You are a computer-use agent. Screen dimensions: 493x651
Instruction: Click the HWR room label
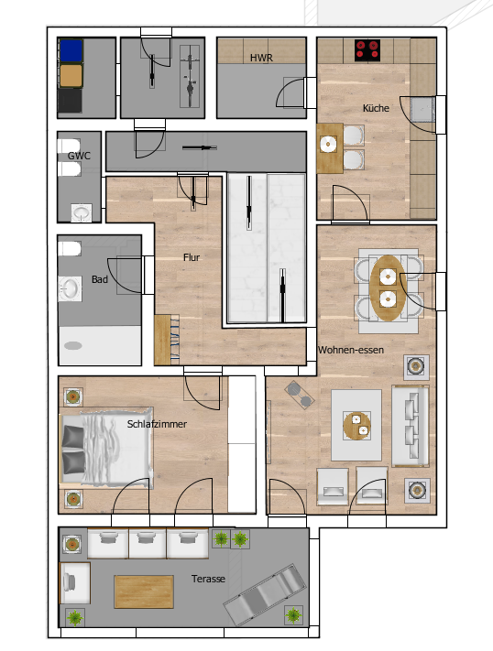[261, 58]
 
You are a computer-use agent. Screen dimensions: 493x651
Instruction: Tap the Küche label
[376, 108]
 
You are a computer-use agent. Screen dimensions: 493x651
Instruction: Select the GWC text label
[79, 156]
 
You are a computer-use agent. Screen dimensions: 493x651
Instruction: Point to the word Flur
[192, 257]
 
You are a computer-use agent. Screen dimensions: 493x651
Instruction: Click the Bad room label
[99, 279]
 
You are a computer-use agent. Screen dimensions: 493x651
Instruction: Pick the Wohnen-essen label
[351, 350]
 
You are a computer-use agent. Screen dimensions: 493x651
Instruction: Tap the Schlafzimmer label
[157, 424]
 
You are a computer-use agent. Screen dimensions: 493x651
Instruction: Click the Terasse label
[208, 579]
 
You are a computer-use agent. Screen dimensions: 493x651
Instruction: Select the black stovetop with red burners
[367, 50]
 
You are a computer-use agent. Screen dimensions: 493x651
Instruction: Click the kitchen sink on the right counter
[422, 109]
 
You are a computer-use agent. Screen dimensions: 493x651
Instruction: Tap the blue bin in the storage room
[71, 50]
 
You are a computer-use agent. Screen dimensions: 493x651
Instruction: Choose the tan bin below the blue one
[71, 76]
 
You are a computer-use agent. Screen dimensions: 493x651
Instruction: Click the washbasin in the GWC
[81, 212]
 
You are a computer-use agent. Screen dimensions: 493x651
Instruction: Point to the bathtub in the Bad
[99, 345]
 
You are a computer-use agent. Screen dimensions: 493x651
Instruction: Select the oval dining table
[388, 288]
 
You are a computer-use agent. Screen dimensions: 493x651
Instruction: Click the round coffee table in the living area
[357, 426]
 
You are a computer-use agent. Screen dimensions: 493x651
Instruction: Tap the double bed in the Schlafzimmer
[106, 446]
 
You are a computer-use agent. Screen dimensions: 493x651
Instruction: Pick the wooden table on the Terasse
[144, 591]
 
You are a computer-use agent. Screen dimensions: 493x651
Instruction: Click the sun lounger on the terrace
[266, 593]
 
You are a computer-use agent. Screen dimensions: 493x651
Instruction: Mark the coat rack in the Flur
[167, 340]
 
